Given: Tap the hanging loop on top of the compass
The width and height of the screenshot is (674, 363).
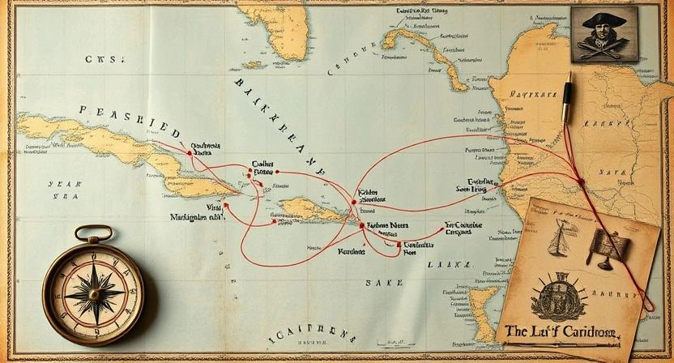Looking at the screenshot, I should click(x=94, y=233).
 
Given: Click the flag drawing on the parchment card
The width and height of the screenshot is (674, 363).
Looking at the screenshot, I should click(x=606, y=247).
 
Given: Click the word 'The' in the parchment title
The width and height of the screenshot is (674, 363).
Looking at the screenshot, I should click(x=518, y=331).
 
